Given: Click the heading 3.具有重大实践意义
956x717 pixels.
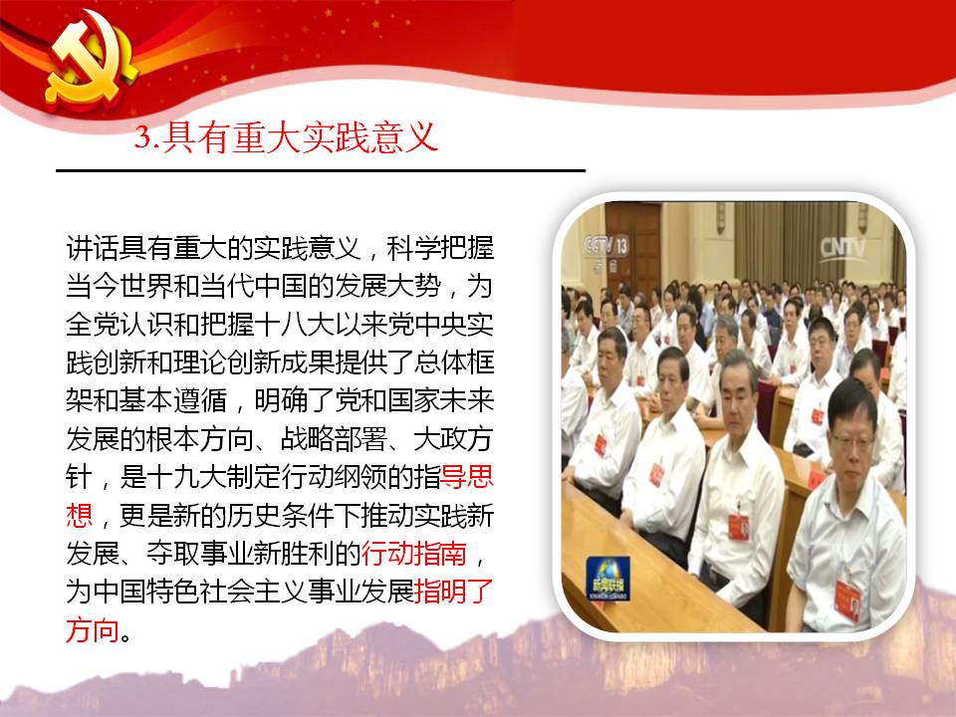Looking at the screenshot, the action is (287, 136).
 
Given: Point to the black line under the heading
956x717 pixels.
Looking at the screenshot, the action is (321, 170).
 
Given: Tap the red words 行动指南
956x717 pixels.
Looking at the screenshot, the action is (414, 553).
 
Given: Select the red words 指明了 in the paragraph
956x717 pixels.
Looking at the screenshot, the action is (454, 591).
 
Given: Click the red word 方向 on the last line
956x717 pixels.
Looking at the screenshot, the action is (92, 629).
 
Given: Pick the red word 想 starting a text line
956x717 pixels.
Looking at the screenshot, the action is (80, 515).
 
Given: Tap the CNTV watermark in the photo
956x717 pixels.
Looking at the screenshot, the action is (842, 248).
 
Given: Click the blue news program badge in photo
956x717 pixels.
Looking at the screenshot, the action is (607, 578).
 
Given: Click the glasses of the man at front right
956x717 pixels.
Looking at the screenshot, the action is (851, 440).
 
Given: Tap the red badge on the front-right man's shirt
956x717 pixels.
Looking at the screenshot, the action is (848, 599).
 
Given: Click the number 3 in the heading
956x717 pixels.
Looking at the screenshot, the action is (142, 136).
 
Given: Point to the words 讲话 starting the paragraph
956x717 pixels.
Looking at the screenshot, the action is (92, 248).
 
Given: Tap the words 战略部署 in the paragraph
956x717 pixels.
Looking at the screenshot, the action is (334, 439).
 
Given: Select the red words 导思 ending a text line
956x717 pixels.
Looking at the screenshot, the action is (467, 477).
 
